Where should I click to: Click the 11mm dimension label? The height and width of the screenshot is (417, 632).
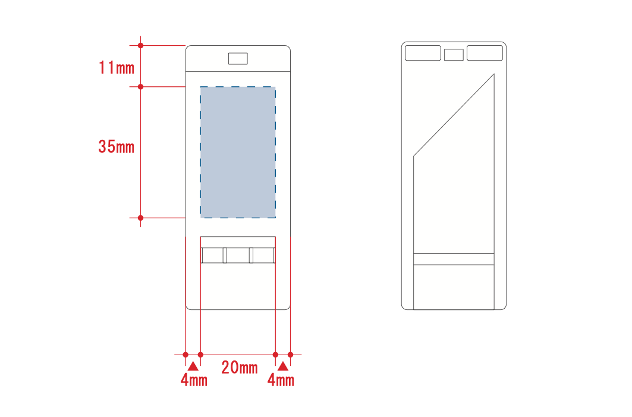click(x=117, y=67)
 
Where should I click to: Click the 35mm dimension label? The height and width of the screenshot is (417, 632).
click(x=117, y=146)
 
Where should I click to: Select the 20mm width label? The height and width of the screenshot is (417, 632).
click(x=240, y=368)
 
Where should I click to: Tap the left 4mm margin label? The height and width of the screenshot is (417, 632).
click(x=194, y=380)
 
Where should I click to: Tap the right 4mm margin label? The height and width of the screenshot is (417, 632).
click(x=281, y=380)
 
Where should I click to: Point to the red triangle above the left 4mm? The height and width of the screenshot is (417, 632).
click(x=193, y=365)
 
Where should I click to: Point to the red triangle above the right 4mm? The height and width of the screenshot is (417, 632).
click(x=283, y=365)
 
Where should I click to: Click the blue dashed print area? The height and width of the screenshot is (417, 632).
click(x=238, y=152)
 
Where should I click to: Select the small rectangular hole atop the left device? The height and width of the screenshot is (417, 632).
click(x=238, y=58)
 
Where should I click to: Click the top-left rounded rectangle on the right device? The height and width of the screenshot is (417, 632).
click(x=423, y=53)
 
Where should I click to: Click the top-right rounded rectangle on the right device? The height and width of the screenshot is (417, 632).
click(x=485, y=53)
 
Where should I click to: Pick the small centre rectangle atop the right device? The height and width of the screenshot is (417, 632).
click(x=454, y=55)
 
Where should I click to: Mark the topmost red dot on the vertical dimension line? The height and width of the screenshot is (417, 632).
click(x=140, y=45)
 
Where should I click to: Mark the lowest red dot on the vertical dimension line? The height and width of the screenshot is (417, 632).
click(x=140, y=218)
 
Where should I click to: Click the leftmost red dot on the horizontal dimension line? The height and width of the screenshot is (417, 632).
click(x=185, y=355)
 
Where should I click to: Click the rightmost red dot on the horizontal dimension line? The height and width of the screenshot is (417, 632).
click(x=290, y=355)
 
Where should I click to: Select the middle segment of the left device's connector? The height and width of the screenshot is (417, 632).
click(x=238, y=255)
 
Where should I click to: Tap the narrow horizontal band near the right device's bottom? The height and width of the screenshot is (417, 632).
click(x=454, y=259)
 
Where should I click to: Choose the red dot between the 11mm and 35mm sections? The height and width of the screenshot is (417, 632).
click(x=140, y=87)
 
